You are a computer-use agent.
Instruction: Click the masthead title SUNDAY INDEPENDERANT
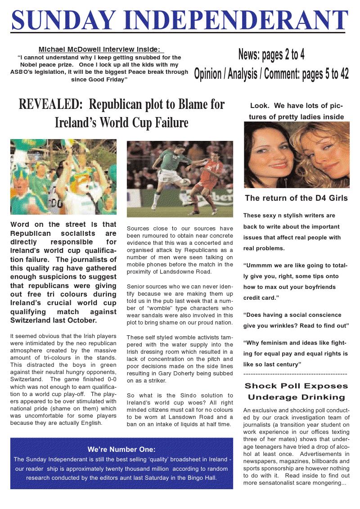(x=180, y=20)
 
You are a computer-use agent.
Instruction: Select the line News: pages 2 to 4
(x=271, y=55)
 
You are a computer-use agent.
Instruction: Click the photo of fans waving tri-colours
(x=63, y=177)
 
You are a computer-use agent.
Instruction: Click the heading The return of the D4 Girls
(x=296, y=198)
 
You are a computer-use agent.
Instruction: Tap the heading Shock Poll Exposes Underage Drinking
(x=296, y=392)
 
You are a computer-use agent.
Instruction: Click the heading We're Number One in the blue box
(x=121, y=449)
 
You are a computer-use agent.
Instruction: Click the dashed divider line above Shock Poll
(x=295, y=374)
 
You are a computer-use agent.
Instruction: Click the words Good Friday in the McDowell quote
(x=108, y=79)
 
